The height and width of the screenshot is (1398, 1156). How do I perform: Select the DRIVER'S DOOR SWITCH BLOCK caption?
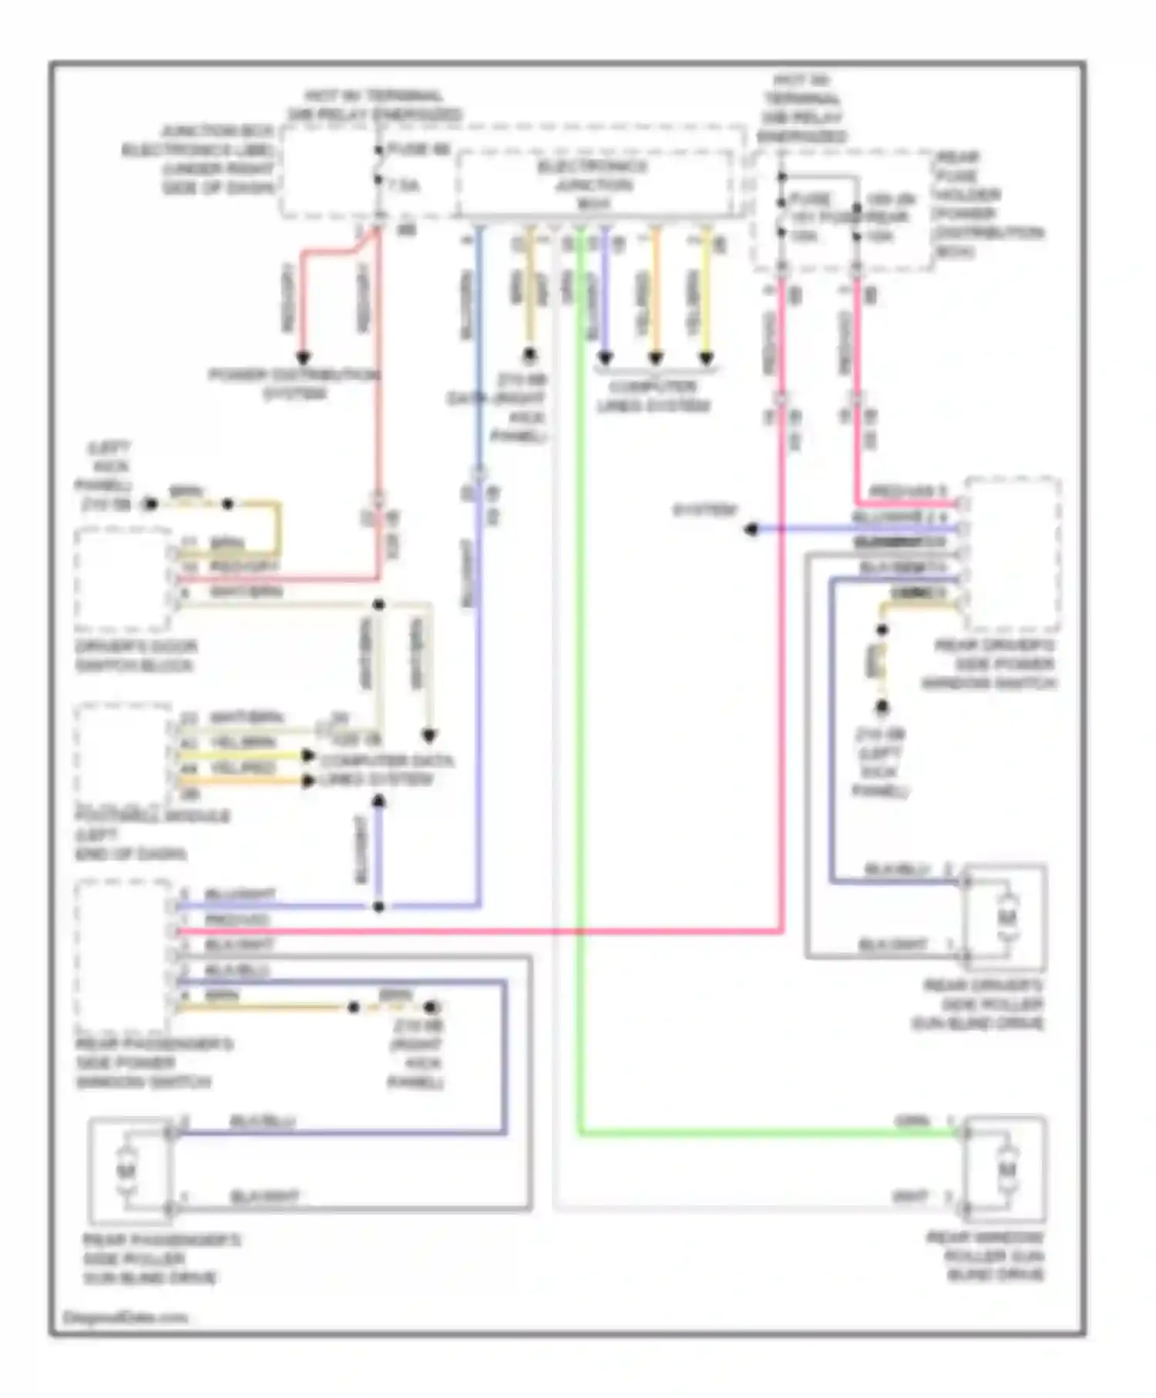(x=136, y=656)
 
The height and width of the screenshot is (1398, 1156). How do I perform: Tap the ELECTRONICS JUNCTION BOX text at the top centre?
(x=593, y=185)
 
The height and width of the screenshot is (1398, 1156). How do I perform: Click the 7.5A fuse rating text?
(x=404, y=186)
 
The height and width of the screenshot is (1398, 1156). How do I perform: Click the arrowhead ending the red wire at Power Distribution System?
(x=304, y=358)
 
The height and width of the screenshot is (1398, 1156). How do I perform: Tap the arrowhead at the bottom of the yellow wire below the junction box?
(x=706, y=358)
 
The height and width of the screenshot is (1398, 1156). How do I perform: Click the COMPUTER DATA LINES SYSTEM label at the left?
(x=387, y=770)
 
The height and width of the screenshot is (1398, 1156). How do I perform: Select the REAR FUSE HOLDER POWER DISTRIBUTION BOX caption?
(x=989, y=204)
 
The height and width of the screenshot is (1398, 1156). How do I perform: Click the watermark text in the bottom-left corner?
(x=125, y=1317)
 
